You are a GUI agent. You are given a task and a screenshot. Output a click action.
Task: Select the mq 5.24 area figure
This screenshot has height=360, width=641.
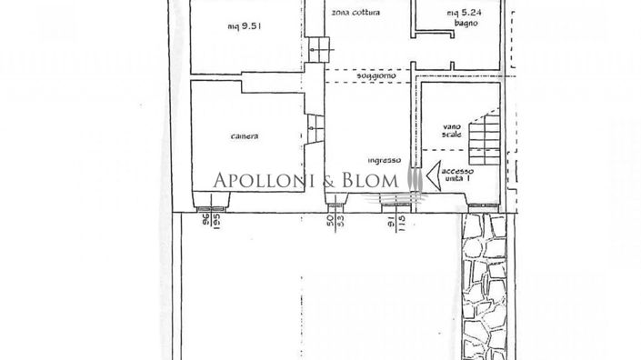click(x=461, y=13)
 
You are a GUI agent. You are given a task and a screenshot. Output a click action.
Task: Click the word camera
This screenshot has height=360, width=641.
click(x=243, y=136)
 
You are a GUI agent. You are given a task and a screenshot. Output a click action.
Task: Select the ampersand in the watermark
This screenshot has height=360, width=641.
click(x=330, y=181)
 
